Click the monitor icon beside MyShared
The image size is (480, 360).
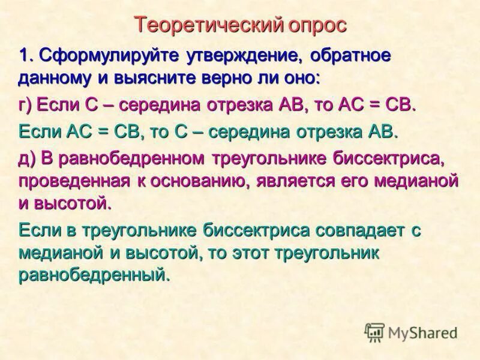(x=374, y=332)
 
